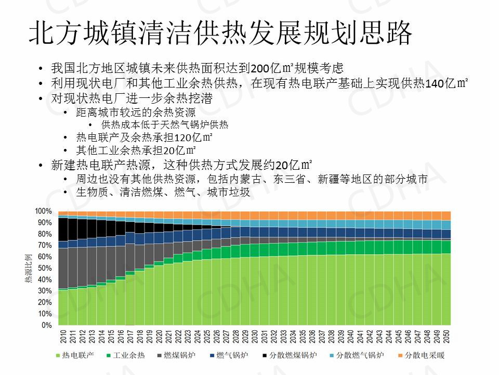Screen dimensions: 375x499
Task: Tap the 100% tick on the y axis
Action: point(44,211)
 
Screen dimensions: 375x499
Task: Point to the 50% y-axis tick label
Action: point(45,268)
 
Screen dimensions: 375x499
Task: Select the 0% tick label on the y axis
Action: point(47,325)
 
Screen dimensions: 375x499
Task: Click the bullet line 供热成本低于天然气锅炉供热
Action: point(165,126)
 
